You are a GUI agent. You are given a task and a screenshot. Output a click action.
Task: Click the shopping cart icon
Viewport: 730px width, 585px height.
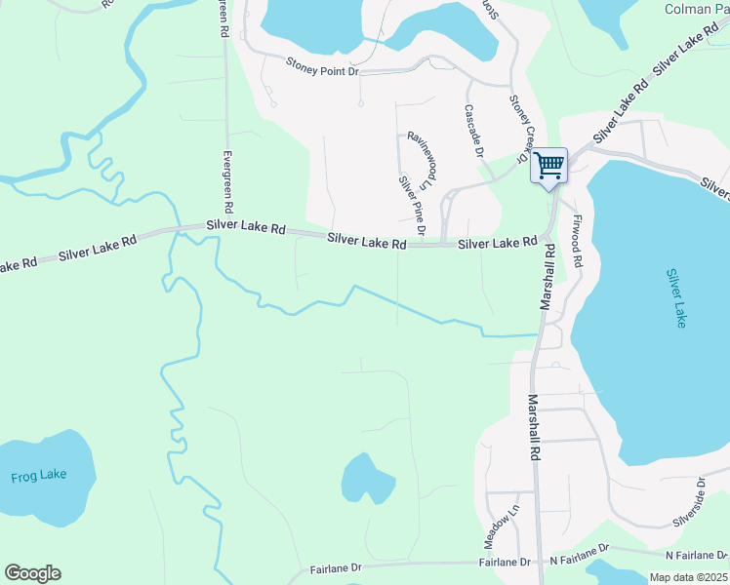click(x=548, y=165)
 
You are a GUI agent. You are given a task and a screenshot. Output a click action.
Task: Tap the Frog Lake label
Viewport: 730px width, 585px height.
click(x=39, y=476)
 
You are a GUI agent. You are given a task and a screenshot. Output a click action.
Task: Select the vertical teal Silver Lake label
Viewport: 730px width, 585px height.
click(x=675, y=298)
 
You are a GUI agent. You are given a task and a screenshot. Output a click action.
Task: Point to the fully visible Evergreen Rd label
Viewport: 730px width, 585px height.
click(x=226, y=182)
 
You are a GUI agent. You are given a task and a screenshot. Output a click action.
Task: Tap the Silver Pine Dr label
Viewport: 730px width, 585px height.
click(x=411, y=205)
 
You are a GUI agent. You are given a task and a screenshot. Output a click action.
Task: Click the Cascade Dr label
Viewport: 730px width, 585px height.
click(x=474, y=132)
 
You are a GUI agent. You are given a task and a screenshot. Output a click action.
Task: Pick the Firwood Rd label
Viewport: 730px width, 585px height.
click(x=579, y=242)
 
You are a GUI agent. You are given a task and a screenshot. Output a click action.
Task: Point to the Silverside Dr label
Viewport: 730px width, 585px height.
click(x=689, y=502)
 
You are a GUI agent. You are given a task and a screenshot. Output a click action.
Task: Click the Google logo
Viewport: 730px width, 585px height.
click(x=32, y=573)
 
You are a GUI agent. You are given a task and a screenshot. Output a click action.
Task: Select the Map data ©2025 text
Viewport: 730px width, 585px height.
click(x=689, y=577)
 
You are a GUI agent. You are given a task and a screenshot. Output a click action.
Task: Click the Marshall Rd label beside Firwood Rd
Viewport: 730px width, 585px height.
click(x=549, y=277)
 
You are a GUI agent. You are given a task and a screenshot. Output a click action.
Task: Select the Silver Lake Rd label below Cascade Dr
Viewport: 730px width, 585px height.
click(x=498, y=242)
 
